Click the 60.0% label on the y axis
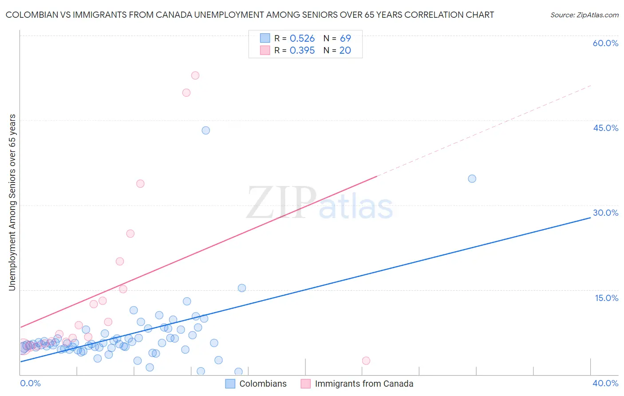(x=605, y=43)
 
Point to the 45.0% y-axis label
(x=605, y=128)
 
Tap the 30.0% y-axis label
(x=605, y=213)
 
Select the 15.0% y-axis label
(x=606, y=298)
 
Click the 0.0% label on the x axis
(x=30, y=383)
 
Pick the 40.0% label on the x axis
(x=605, y=383)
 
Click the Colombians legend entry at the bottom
(x=263, y=384)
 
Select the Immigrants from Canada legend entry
(x=364, y=384)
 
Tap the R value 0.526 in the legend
(x=302, y=39)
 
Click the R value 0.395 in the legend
(x=302, y=51)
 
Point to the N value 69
(x=345, y=39)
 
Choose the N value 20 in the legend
(x=345, y=51)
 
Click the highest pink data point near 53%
(x=195, y=75)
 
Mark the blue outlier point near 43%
(x=205, y=131)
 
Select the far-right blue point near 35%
(x=472, y=179)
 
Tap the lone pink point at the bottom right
(x=366, y=360)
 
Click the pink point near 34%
(x=140, y=184)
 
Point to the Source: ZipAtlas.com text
(x=584, y=15)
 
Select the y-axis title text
(x=12, y=202)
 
